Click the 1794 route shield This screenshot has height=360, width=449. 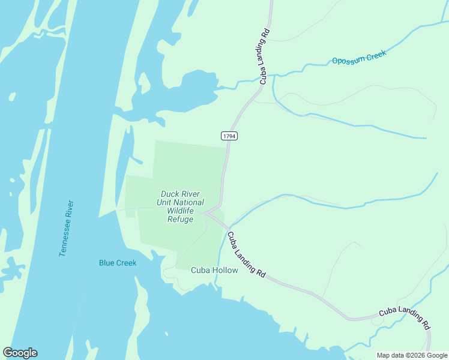(x=229, y=136)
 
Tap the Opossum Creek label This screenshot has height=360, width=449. (x=360, y=58)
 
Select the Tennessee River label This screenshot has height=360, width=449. (x=67, y=228)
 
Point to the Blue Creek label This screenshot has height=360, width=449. (x=118, y=263)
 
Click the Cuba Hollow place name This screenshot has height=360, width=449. (x=214, y=270)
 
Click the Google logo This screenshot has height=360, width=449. (x=20, y=353)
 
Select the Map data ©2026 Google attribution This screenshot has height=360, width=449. (x=412, y=355)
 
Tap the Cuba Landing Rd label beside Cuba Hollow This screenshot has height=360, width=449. (x=247, y=254)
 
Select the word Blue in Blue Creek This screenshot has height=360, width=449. (x=106, y=263)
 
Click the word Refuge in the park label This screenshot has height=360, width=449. (x=180, y=220)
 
